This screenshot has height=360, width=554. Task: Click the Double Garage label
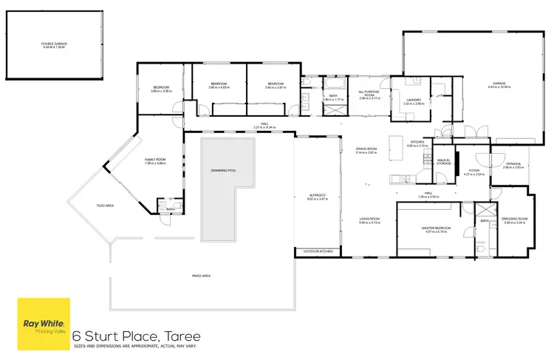click(53, 45)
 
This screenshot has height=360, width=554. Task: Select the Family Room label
click(154, 161)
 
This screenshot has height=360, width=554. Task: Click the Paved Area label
click(202, 276)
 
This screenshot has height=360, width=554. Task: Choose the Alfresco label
click(317, 196)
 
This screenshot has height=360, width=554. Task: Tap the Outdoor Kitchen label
click(318, 252)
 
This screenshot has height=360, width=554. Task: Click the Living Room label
click(369, 220)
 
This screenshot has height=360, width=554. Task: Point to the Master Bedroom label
click(436, 229)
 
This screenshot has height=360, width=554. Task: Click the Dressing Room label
click(516, 220)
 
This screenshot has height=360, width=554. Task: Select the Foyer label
click(473, 172)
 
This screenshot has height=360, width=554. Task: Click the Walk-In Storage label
click(443, 161)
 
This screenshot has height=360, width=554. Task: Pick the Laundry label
click(414, 101)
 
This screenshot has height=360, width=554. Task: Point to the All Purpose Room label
click(369, 95)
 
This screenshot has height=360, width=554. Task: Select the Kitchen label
click(417, 143)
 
